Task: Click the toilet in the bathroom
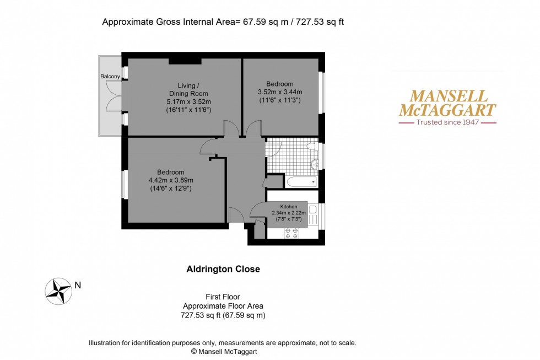point(311,146)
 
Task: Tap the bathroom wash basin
point(315,164)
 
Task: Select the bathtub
point(301,181)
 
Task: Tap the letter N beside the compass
point(78,285)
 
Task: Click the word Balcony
point(110,76)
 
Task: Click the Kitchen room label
point(289,206)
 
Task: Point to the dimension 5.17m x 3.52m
point(189,101)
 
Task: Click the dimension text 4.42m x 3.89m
point(171,180)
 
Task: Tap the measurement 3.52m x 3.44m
point(280,92)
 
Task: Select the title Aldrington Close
point(223,270)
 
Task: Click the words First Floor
point(223,297)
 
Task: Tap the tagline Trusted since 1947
point(447,122)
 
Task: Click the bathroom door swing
point(274,147)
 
